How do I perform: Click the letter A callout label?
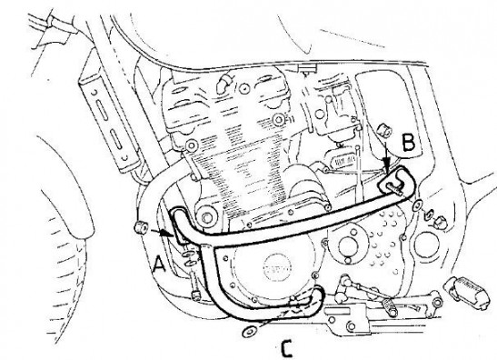[159, 265]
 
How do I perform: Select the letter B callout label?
[408, 142]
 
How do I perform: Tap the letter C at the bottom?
[286, 349]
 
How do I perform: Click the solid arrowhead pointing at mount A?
[165, 233]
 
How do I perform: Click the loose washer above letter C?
[250, 332]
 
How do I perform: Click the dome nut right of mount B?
[440, 223]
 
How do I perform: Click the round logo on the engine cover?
[277, 270]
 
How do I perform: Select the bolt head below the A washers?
[195, 295]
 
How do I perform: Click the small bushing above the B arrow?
[383, 130]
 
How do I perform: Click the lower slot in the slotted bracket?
[116, 139]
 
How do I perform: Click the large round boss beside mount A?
[206, 217]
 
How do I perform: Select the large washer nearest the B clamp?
[418, 206]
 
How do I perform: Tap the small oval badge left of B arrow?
[343, 161]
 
